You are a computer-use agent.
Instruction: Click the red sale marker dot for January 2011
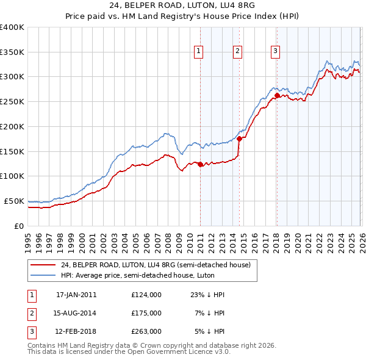point(200,164)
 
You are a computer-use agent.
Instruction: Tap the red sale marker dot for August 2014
point(239,139)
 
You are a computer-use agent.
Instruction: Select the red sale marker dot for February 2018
point(277,95)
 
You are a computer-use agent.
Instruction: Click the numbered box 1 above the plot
point(199,51)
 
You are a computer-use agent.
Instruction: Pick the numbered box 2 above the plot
point(237,51)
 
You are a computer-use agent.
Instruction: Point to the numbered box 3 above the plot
point(276,51)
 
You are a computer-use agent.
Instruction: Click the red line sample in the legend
point(44,264)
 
